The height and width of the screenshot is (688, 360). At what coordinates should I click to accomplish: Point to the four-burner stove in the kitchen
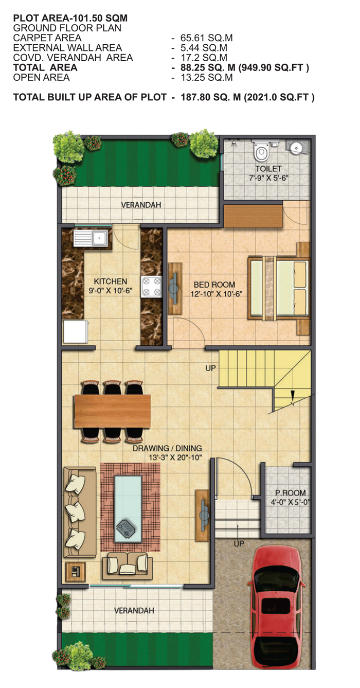(151, 287)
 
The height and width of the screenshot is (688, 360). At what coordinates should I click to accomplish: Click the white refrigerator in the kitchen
(76, 332)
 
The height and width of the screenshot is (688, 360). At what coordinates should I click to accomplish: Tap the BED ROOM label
(214, 285)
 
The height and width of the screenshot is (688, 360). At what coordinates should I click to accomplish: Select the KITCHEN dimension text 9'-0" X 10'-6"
(111, 290)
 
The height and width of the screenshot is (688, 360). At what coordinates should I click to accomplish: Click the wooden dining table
(112, 411)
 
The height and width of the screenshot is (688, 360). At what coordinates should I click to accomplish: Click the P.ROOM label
(290, 493)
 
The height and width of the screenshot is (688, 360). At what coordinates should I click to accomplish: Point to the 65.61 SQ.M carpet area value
(206, 38)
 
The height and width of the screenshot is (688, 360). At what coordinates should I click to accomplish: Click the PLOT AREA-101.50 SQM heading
(70, 18)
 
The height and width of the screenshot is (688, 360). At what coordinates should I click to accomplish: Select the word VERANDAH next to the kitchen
(141, 205)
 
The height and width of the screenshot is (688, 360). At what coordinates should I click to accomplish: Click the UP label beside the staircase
(210, 368)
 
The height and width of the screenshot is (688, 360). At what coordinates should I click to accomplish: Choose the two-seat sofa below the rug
(128, 566)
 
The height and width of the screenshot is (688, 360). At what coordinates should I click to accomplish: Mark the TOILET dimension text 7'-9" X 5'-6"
(268, 178)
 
